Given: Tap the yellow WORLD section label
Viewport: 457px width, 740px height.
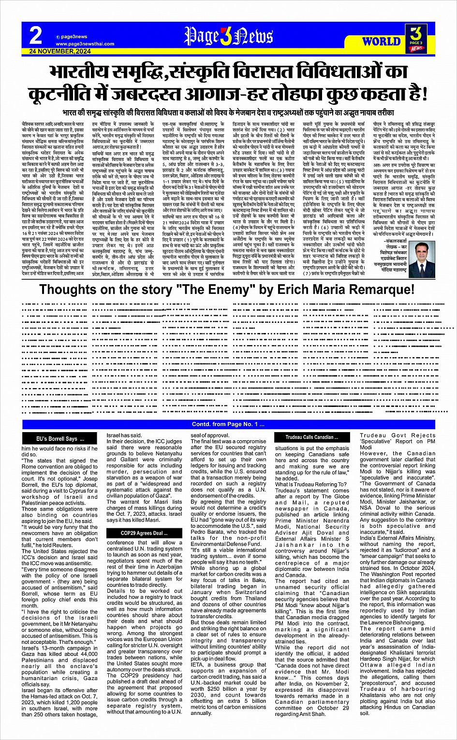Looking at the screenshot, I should tap(381, 42).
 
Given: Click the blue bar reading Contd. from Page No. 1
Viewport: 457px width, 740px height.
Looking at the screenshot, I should tap(228, 424).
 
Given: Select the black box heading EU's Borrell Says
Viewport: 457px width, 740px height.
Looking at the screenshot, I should tap(60, 438).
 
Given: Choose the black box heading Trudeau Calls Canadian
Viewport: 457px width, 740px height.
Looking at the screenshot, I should tap(312, 437).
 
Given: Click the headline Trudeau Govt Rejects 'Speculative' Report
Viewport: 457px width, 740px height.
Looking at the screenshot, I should tap(398, 441).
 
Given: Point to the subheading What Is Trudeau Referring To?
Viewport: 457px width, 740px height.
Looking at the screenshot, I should tap(310, 484).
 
